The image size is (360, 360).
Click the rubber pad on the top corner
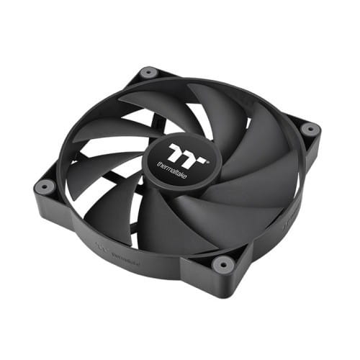[149, 72]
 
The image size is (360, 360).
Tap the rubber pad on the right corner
[310, 130]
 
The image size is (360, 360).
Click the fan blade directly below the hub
[173, 216]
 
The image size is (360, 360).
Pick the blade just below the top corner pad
[155, 101]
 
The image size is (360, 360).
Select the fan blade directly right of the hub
[252, 173]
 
